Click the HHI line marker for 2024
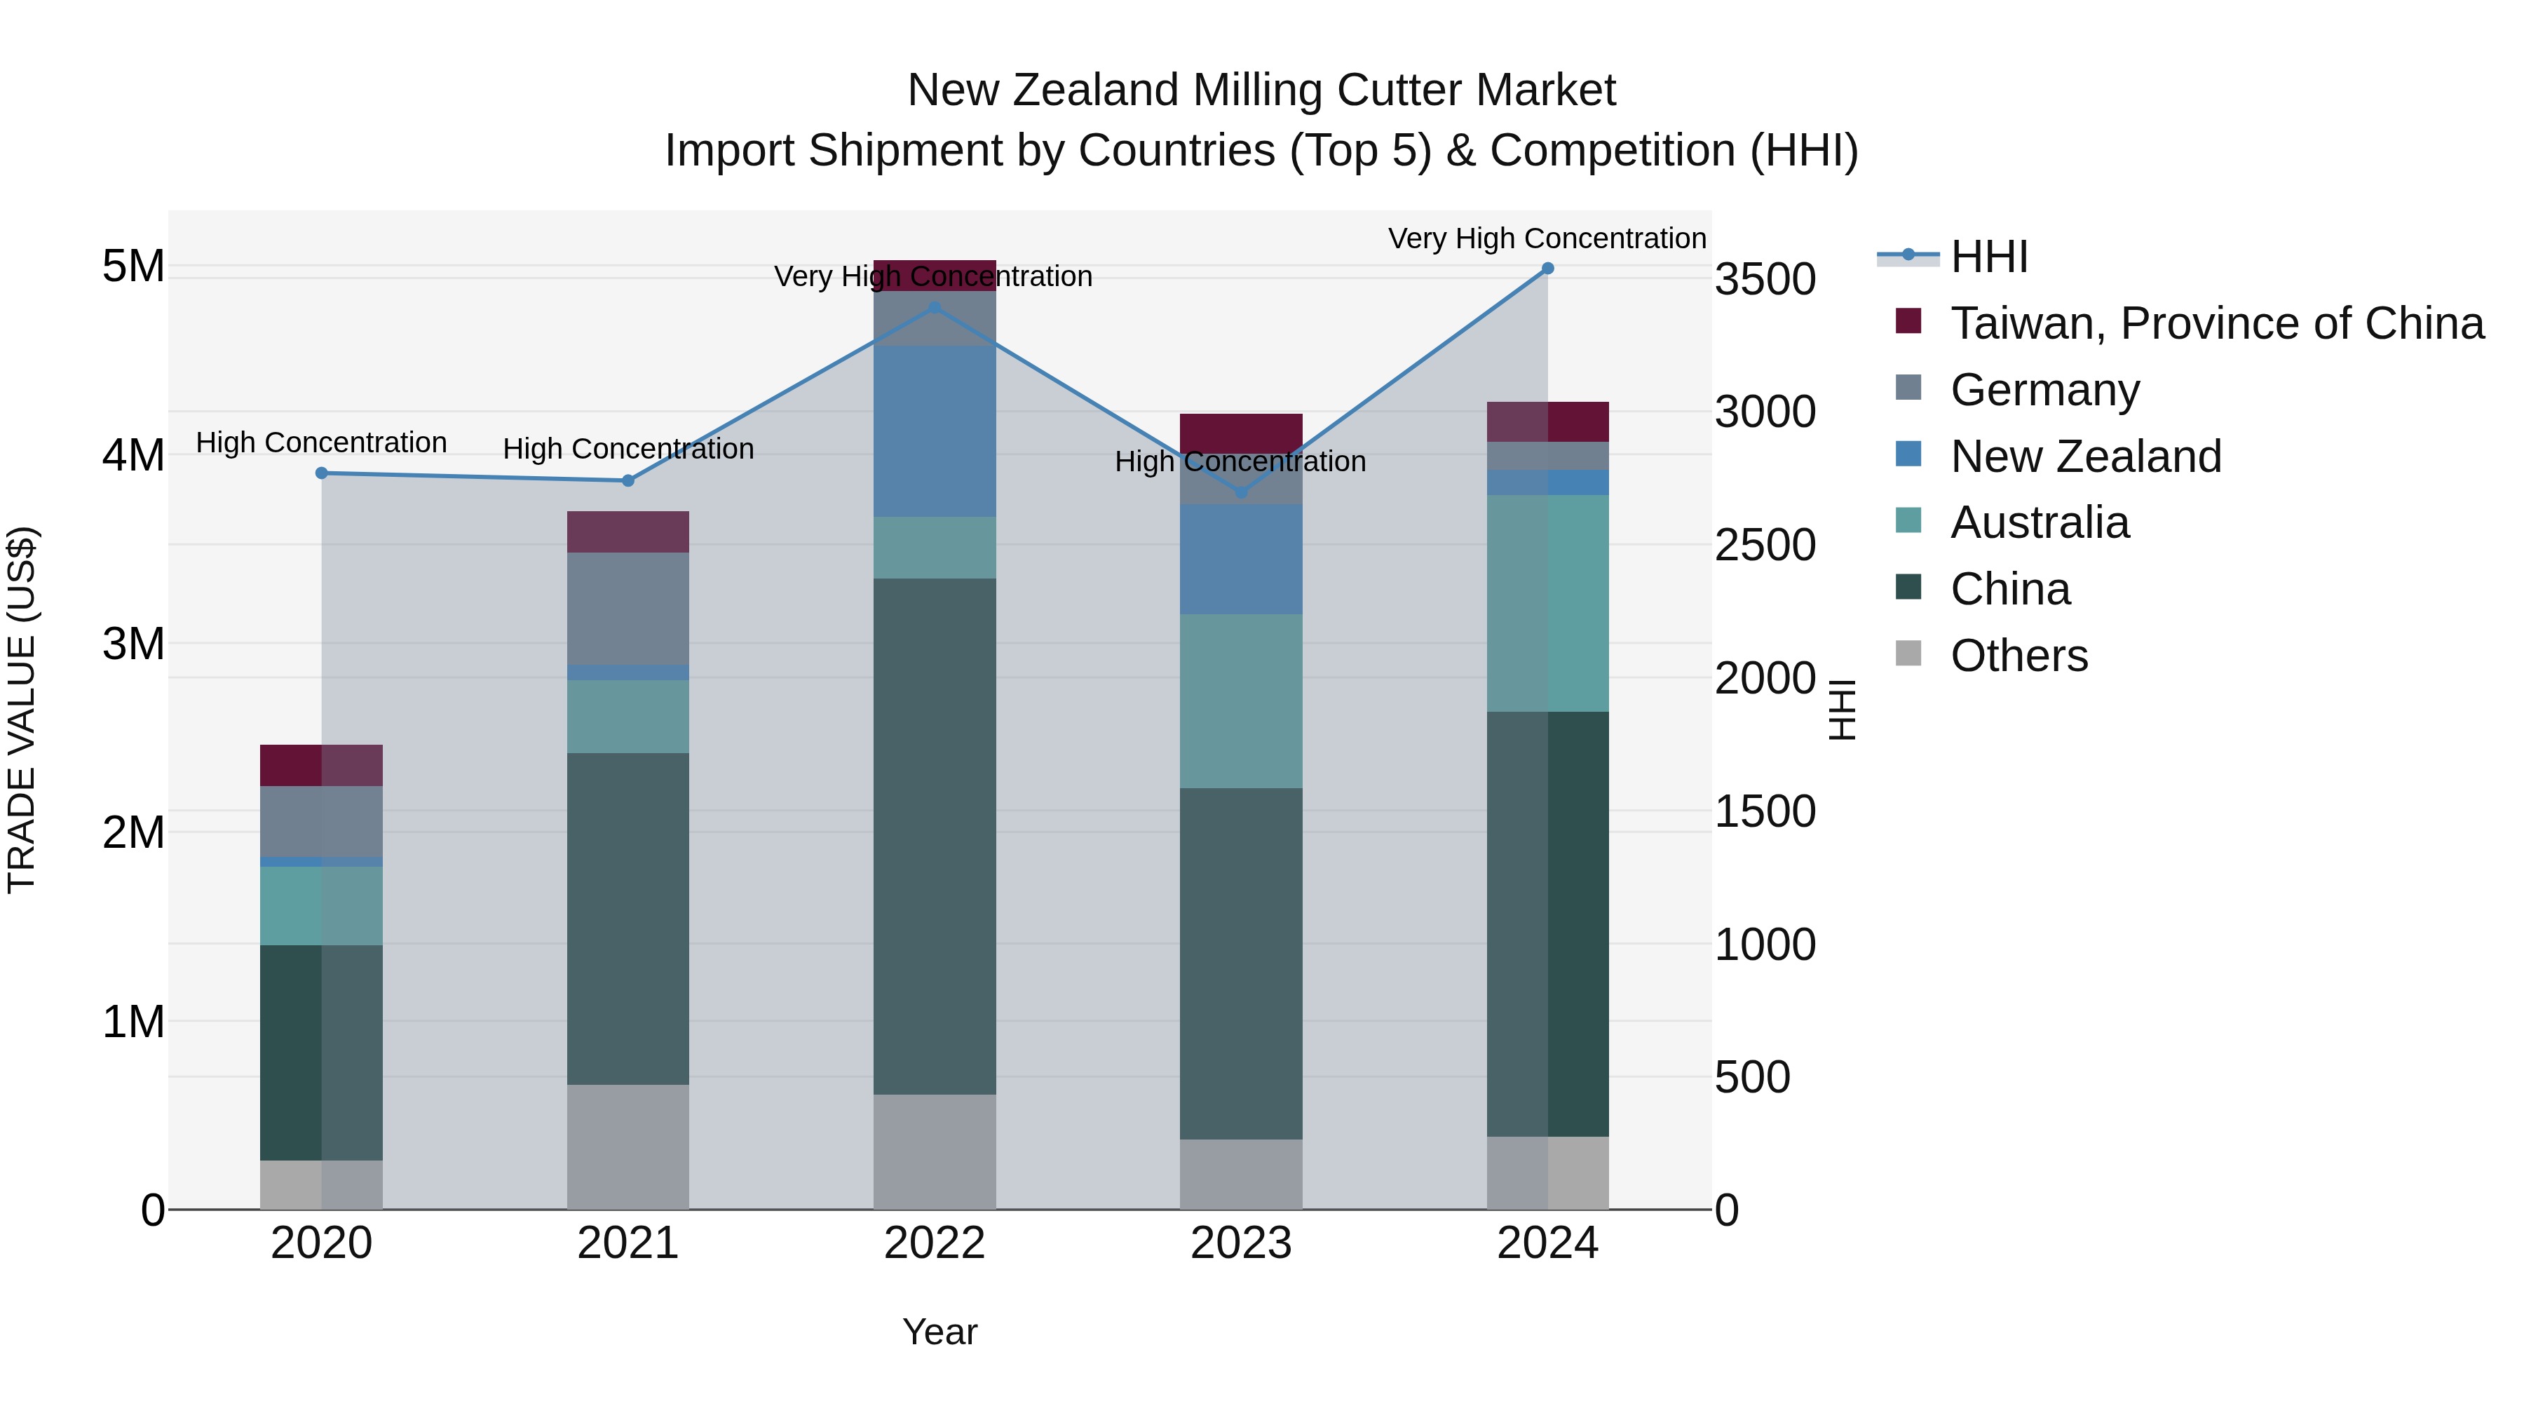click(1547, 269)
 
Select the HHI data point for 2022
click(934, 308)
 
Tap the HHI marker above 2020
click(321, 473)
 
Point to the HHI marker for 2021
click(628, 481)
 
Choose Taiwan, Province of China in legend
click(2216, 323)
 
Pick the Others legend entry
click(2018, 656)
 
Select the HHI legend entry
click(1988, 257)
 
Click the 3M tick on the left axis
click(133, 644)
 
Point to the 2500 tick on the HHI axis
click(1765, 545)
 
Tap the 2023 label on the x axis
click(1240, 1243)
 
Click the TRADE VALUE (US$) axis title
click(22, 710)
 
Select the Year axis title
click(939, 1332)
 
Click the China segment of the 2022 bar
click(934, 835)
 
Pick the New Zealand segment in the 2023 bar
click(1240, 559)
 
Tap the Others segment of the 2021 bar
click(628, 1146)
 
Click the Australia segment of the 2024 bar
click(1547, 602)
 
